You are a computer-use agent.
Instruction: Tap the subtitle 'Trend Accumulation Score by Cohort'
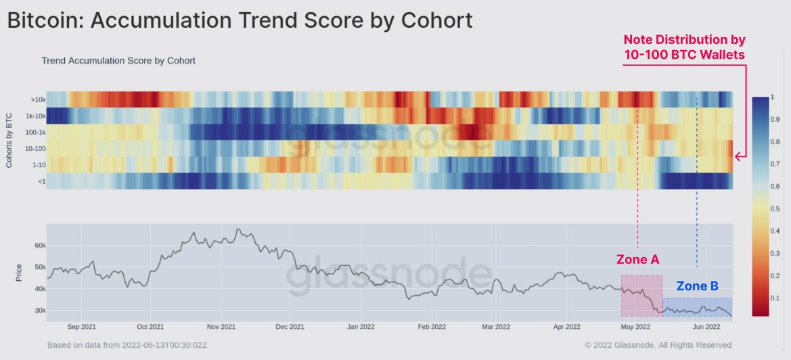[x=118, y=60]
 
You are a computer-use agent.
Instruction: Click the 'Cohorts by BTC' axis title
[x=9, y=139]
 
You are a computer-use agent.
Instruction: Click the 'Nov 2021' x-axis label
[x=221, y=326]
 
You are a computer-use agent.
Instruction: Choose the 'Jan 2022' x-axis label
[x=361, y=326]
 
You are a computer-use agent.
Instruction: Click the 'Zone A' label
[x=637, y=259]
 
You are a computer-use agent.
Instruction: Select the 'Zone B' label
[x=697, y=286]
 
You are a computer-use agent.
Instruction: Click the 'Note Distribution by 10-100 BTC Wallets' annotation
[x=683, y=47]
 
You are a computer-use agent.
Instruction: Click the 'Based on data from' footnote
[x=127, y=345]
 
